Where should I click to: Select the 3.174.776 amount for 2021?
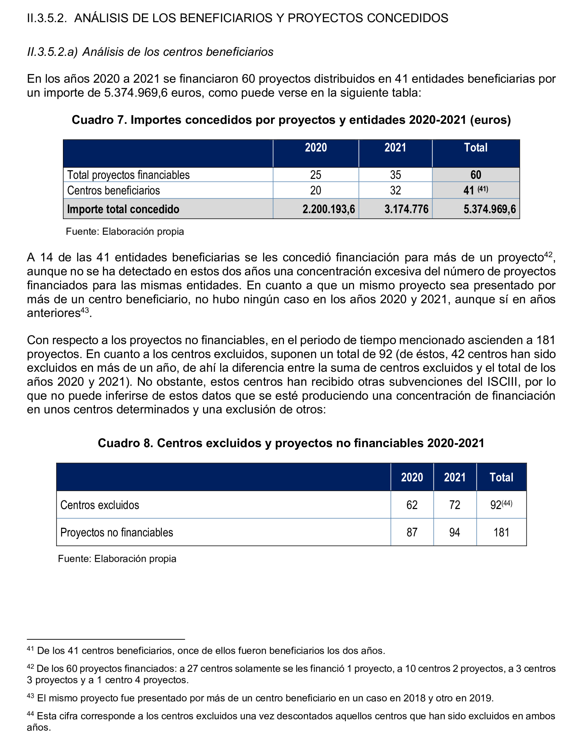pos(406,209)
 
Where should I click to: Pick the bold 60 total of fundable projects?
pos(476,175)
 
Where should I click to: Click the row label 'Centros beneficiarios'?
pos(113,190)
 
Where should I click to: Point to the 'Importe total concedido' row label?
pos(123,209)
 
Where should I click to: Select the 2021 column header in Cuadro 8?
pos(455,477)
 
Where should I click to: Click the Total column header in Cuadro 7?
pos(475,148)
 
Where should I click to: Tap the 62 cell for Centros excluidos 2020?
pos(412,505)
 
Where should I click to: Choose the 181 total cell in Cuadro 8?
pos(501,532)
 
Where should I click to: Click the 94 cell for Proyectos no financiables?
pos(455,532)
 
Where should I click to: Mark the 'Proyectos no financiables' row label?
pos(116,532)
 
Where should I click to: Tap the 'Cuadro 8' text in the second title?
pos(125,443)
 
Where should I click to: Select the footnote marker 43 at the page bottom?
pos(30,696)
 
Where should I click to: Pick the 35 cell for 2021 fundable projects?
pos(395,175)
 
